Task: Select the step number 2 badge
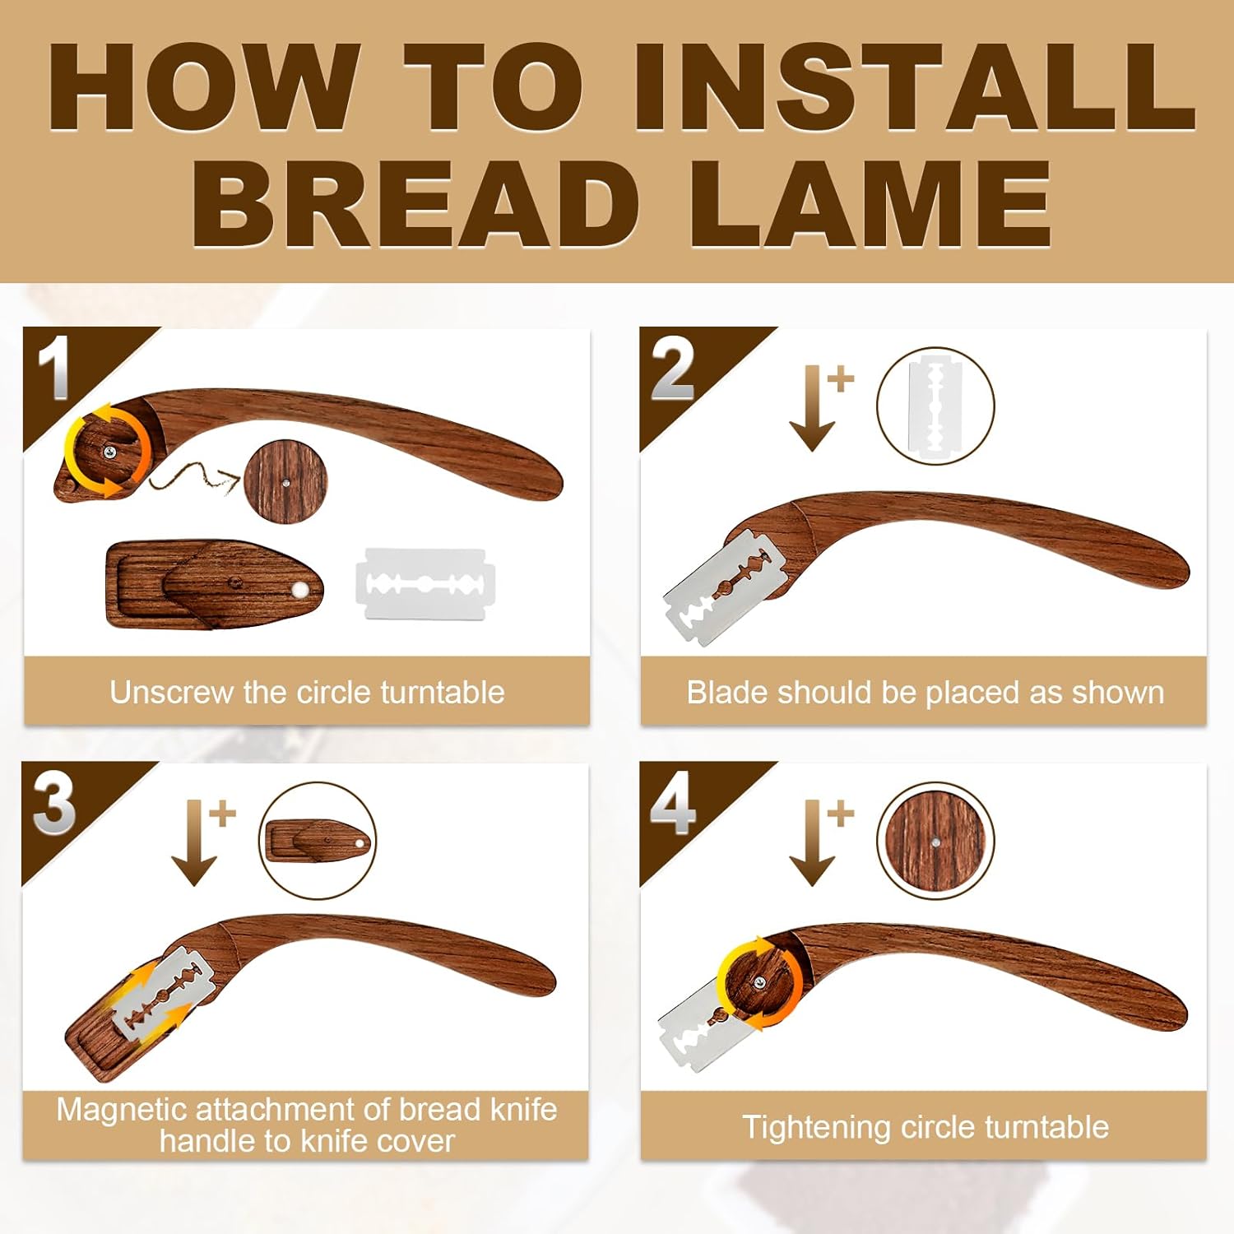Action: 672,370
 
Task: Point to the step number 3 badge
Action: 54,804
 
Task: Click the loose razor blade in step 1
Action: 425,584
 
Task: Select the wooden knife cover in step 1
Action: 214,585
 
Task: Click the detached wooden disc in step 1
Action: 285,482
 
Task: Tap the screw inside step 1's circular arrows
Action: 109,450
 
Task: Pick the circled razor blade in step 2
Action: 935,406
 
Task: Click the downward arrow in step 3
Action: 194,842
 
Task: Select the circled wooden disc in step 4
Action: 935,841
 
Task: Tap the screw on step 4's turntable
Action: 758,982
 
